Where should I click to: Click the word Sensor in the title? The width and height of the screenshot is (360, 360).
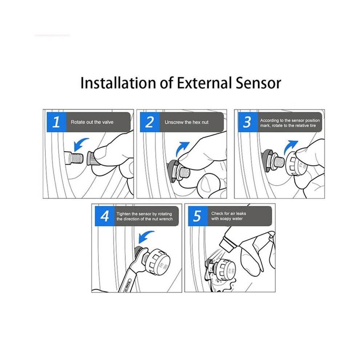[258, 83]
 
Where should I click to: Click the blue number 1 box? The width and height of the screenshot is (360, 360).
[56, 122]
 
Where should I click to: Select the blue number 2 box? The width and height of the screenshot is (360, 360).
[150, 122]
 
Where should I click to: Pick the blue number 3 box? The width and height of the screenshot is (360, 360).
[248, 122]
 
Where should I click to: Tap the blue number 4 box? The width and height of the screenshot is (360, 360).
[104, 216]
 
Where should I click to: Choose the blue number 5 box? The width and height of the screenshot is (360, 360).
[198, 216]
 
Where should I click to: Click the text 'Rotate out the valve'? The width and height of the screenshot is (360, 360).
[92, 122]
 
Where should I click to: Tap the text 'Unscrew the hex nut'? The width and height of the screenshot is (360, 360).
[187, 123]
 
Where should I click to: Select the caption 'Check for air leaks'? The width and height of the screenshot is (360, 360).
[228, 213]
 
